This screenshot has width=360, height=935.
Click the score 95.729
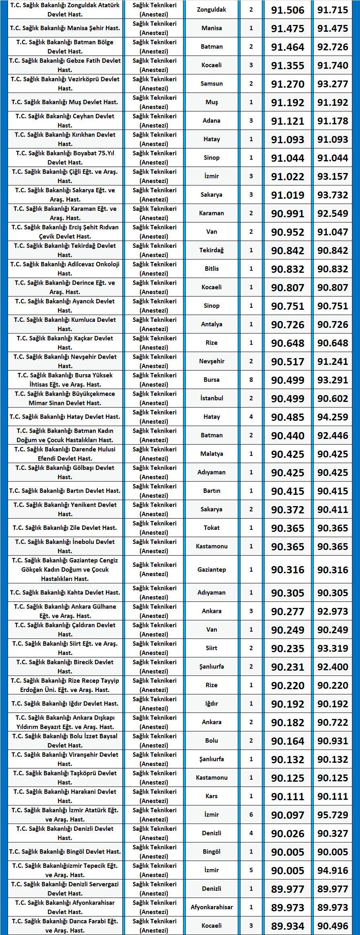pyautogui.click(x=333, y=815)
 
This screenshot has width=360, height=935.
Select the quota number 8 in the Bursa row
pyautogui.click(x=251, y=380)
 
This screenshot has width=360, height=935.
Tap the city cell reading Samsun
pyautogui.click(x=212, y=84)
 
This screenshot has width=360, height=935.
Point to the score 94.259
pyautogui.click(x=333, y=417)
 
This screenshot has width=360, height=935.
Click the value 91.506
pyautogui.click(x=288, y=10)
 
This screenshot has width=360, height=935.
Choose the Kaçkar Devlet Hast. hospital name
pyautogui.click(x=65, y=343)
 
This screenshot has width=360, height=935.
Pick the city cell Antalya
pyautogui.click(x=212, y=324)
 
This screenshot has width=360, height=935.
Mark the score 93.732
pyautogui.click(x=333, y=195)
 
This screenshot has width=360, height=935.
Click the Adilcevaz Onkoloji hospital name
pyautogui.click(x=65, y=269)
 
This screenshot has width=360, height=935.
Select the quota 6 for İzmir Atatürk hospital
pyautogui.click(x=251, y=814)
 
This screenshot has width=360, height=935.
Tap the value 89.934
pyautogui.click(x=288, y=926)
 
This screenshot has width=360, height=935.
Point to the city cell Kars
pyautogui.click(x=212, y=796)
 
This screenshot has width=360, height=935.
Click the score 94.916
pyautogui.click(x=333, y=870)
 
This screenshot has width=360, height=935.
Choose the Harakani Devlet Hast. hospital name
pyautogui.click(x=65, y=796)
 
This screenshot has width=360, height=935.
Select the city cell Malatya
pyautogui.click(x=212, y=454)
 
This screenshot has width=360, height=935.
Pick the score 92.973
pyautogui.click(x=333, y=611)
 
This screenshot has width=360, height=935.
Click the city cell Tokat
pyautogui.click(x=212, y=528)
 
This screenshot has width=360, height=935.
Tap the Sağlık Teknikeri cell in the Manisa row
pyautogui.click(x=154, y=28)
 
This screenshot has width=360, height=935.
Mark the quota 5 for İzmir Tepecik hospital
pyautogui.click(x=251, y=870)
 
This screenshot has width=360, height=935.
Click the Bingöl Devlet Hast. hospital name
pyautogui.click(x=65, y=851)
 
